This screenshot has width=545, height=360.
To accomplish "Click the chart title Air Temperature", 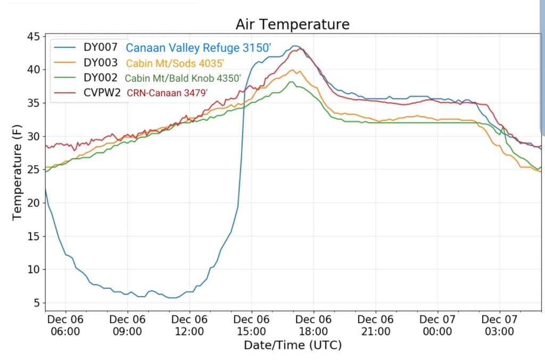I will (293, 24).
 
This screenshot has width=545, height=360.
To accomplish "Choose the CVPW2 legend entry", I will (102, 93).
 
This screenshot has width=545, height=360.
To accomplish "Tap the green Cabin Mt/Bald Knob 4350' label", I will (183, 78).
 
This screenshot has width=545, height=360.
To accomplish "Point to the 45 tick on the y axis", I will (34, 36).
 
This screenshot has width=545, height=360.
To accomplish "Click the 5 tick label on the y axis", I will (36, 303).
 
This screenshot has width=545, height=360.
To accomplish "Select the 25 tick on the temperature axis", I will (34, 170).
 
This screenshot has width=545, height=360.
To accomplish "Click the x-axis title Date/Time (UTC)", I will (293, 345).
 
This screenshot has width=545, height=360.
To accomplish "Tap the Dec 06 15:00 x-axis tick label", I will (251, 325).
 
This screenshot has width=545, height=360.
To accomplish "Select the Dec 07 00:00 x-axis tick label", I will (437, 325).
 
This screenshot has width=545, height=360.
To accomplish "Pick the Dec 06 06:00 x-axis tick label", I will (65, 325).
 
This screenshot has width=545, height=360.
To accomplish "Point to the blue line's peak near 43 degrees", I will (295, 46).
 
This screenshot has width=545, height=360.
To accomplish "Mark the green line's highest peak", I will (291, 82).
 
